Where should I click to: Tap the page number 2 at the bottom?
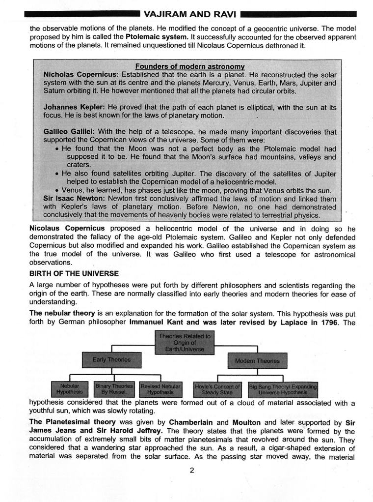(x=192, y=470)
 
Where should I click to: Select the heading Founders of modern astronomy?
(x=190, y=66)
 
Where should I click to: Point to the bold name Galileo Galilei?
(x=69, y=132)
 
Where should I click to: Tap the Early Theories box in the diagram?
(x=112, y=359)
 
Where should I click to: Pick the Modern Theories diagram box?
(x=257, y=360)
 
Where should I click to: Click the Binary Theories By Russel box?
(x=114, y=389)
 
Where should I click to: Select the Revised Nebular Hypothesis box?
(x=160, y=389)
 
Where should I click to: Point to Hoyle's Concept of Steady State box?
(x=217, y=389)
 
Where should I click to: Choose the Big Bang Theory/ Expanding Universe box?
(x=283, y=389)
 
